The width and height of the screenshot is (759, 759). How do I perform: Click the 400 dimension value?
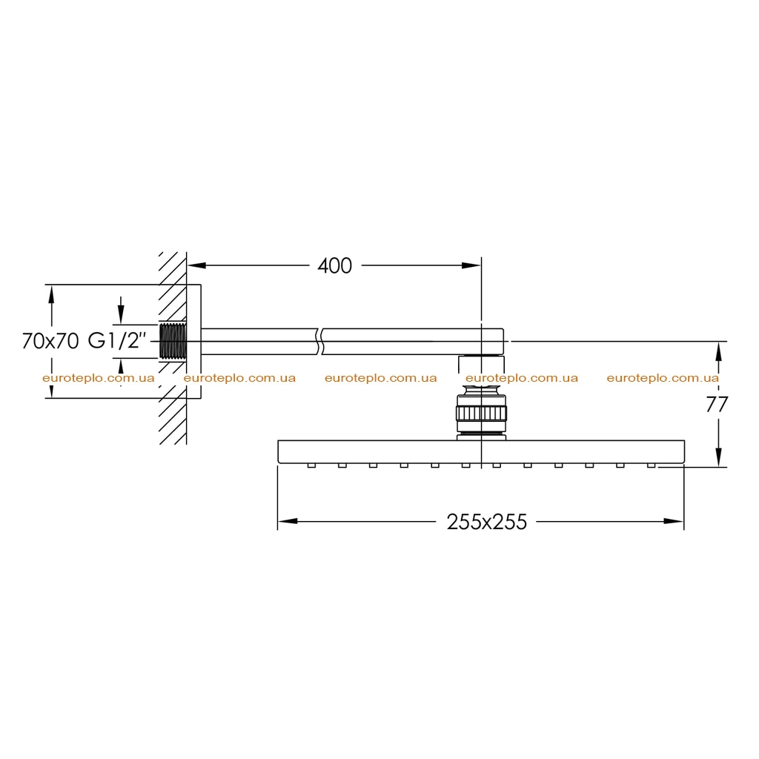(x=334, y=266)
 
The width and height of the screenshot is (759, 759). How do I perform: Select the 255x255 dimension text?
(x=486, y=522)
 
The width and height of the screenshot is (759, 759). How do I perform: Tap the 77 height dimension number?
(x=717, y=404)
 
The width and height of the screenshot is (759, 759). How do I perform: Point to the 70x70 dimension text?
(x=50, y=341)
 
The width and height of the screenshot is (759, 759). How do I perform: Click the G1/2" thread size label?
(x=116, y=341)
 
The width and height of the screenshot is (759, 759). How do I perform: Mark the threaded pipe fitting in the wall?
(x=173, y=341)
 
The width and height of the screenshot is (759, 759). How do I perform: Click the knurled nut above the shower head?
(x=481, y=414)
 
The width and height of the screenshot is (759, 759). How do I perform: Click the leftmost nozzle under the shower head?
(x=311, y=465)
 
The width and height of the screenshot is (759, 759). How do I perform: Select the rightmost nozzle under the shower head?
(x=651, y=465)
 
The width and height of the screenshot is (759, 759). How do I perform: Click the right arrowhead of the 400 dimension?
(x=471, y=265)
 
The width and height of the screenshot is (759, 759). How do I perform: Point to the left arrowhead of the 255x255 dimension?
(x=288, y=521)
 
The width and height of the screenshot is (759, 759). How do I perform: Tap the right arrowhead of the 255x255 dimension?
(x=673, y=521)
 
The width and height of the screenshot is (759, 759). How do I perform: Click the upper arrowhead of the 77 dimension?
(x=719, y=351)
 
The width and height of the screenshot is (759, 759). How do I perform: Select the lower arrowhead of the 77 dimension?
(x=719, y=457)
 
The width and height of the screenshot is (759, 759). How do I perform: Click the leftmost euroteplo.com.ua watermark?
(x=99, y=378)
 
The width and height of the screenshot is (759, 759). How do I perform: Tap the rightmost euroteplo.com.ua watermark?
(x=663, y=378)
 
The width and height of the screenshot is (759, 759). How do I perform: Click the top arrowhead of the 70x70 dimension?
(x=51, y=295)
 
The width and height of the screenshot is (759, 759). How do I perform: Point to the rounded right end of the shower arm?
(x=503, y=341)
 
